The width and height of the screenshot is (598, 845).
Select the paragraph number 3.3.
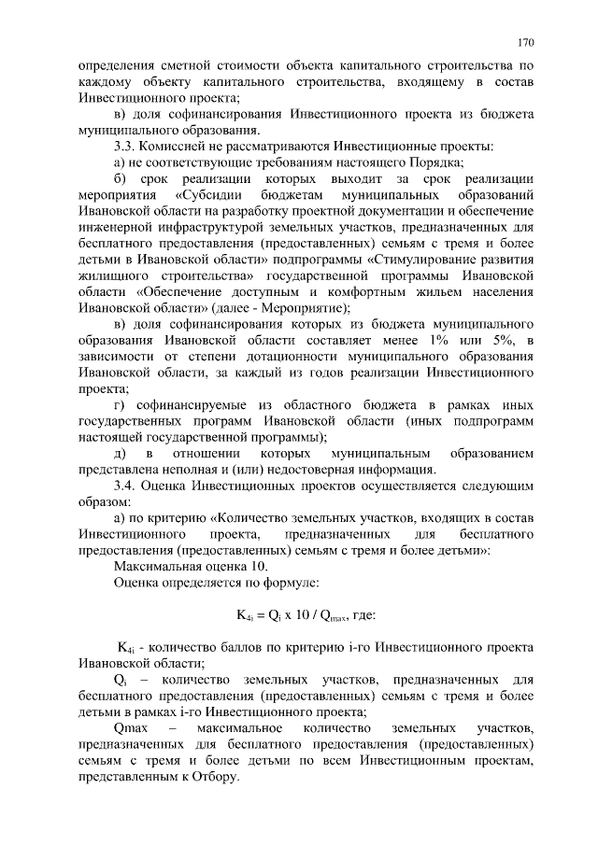[x=125, y=146]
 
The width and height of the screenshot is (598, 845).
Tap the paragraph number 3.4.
[x=125, y=486]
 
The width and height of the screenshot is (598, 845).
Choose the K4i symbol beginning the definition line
[x=126, y=647]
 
